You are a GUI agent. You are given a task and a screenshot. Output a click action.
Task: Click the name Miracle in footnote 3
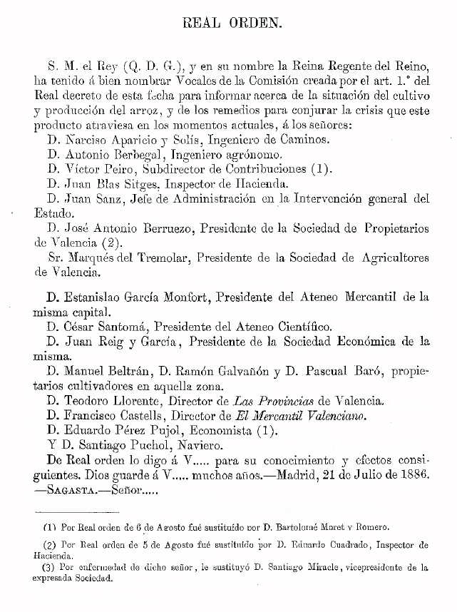322,568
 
